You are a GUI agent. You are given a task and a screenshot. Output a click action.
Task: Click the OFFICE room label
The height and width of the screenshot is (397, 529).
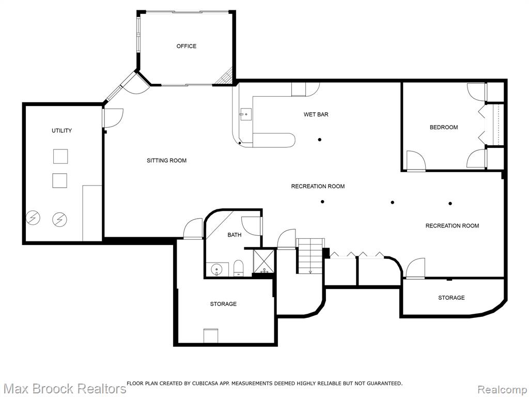coord(186,46)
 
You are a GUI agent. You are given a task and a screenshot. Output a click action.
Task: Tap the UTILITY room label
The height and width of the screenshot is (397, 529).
coord(62,131)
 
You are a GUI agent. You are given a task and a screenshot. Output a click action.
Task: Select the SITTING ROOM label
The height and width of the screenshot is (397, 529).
coord(167,161)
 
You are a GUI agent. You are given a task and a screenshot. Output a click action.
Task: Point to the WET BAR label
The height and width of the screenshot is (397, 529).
coord(316,114)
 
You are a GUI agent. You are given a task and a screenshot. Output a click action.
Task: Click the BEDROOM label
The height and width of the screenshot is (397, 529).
coord(444,127)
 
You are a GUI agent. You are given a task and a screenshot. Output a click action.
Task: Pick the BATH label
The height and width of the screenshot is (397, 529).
coord(234,235)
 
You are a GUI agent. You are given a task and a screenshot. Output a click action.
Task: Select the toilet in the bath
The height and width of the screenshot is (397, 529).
coord(239,268)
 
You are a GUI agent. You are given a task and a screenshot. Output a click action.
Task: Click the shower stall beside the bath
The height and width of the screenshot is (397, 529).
coord(264,261)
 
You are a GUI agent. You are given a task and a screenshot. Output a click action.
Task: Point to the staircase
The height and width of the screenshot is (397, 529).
coord(310,256)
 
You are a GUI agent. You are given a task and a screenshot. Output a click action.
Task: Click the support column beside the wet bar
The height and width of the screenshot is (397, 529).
coord(319,140)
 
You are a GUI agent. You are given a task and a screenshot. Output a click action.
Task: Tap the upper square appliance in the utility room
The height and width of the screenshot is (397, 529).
coord(60,156)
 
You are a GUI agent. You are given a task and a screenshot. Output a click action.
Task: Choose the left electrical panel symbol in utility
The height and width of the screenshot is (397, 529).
coord(33,218)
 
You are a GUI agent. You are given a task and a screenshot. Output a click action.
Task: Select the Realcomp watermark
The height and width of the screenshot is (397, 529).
coord(502,389)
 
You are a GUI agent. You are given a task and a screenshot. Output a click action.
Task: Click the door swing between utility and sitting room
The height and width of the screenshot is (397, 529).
coord(114,118)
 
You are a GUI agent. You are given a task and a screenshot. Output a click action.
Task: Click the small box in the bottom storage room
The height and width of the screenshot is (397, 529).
coord(211,335)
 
